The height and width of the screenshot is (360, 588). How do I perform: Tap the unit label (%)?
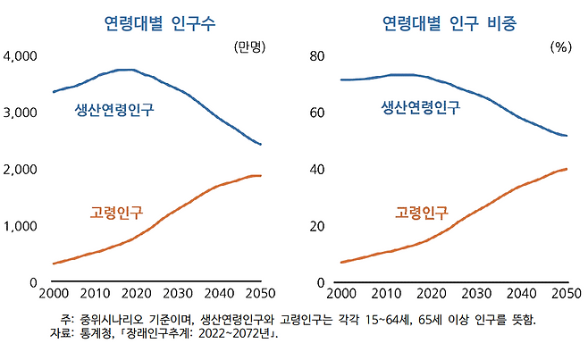(560, 46)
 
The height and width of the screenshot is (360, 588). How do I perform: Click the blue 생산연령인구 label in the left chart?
(113, 111)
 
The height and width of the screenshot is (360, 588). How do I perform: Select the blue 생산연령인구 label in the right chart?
(421, 108)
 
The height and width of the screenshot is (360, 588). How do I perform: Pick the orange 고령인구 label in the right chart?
(421, 213)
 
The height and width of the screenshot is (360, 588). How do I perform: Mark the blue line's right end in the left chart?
(260, 144)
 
